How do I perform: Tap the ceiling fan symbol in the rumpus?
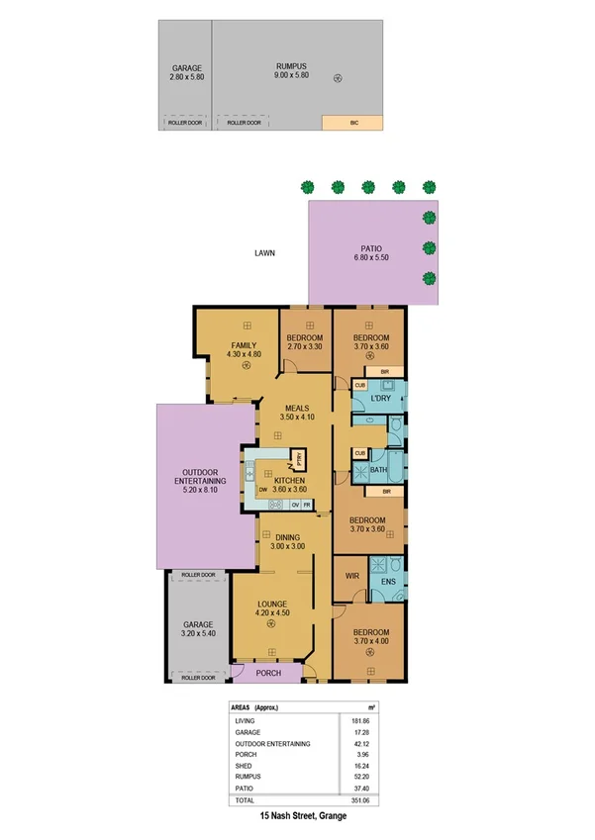point(338,77)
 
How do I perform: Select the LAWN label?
point(263,253)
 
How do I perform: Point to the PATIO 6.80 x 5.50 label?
point(370,253)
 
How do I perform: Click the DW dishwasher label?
point(263,490)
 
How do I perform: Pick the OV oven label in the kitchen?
point(295,505)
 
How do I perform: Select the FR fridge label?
point(307,505)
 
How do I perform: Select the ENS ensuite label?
point(388,581)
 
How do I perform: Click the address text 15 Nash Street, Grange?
point(297,817)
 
